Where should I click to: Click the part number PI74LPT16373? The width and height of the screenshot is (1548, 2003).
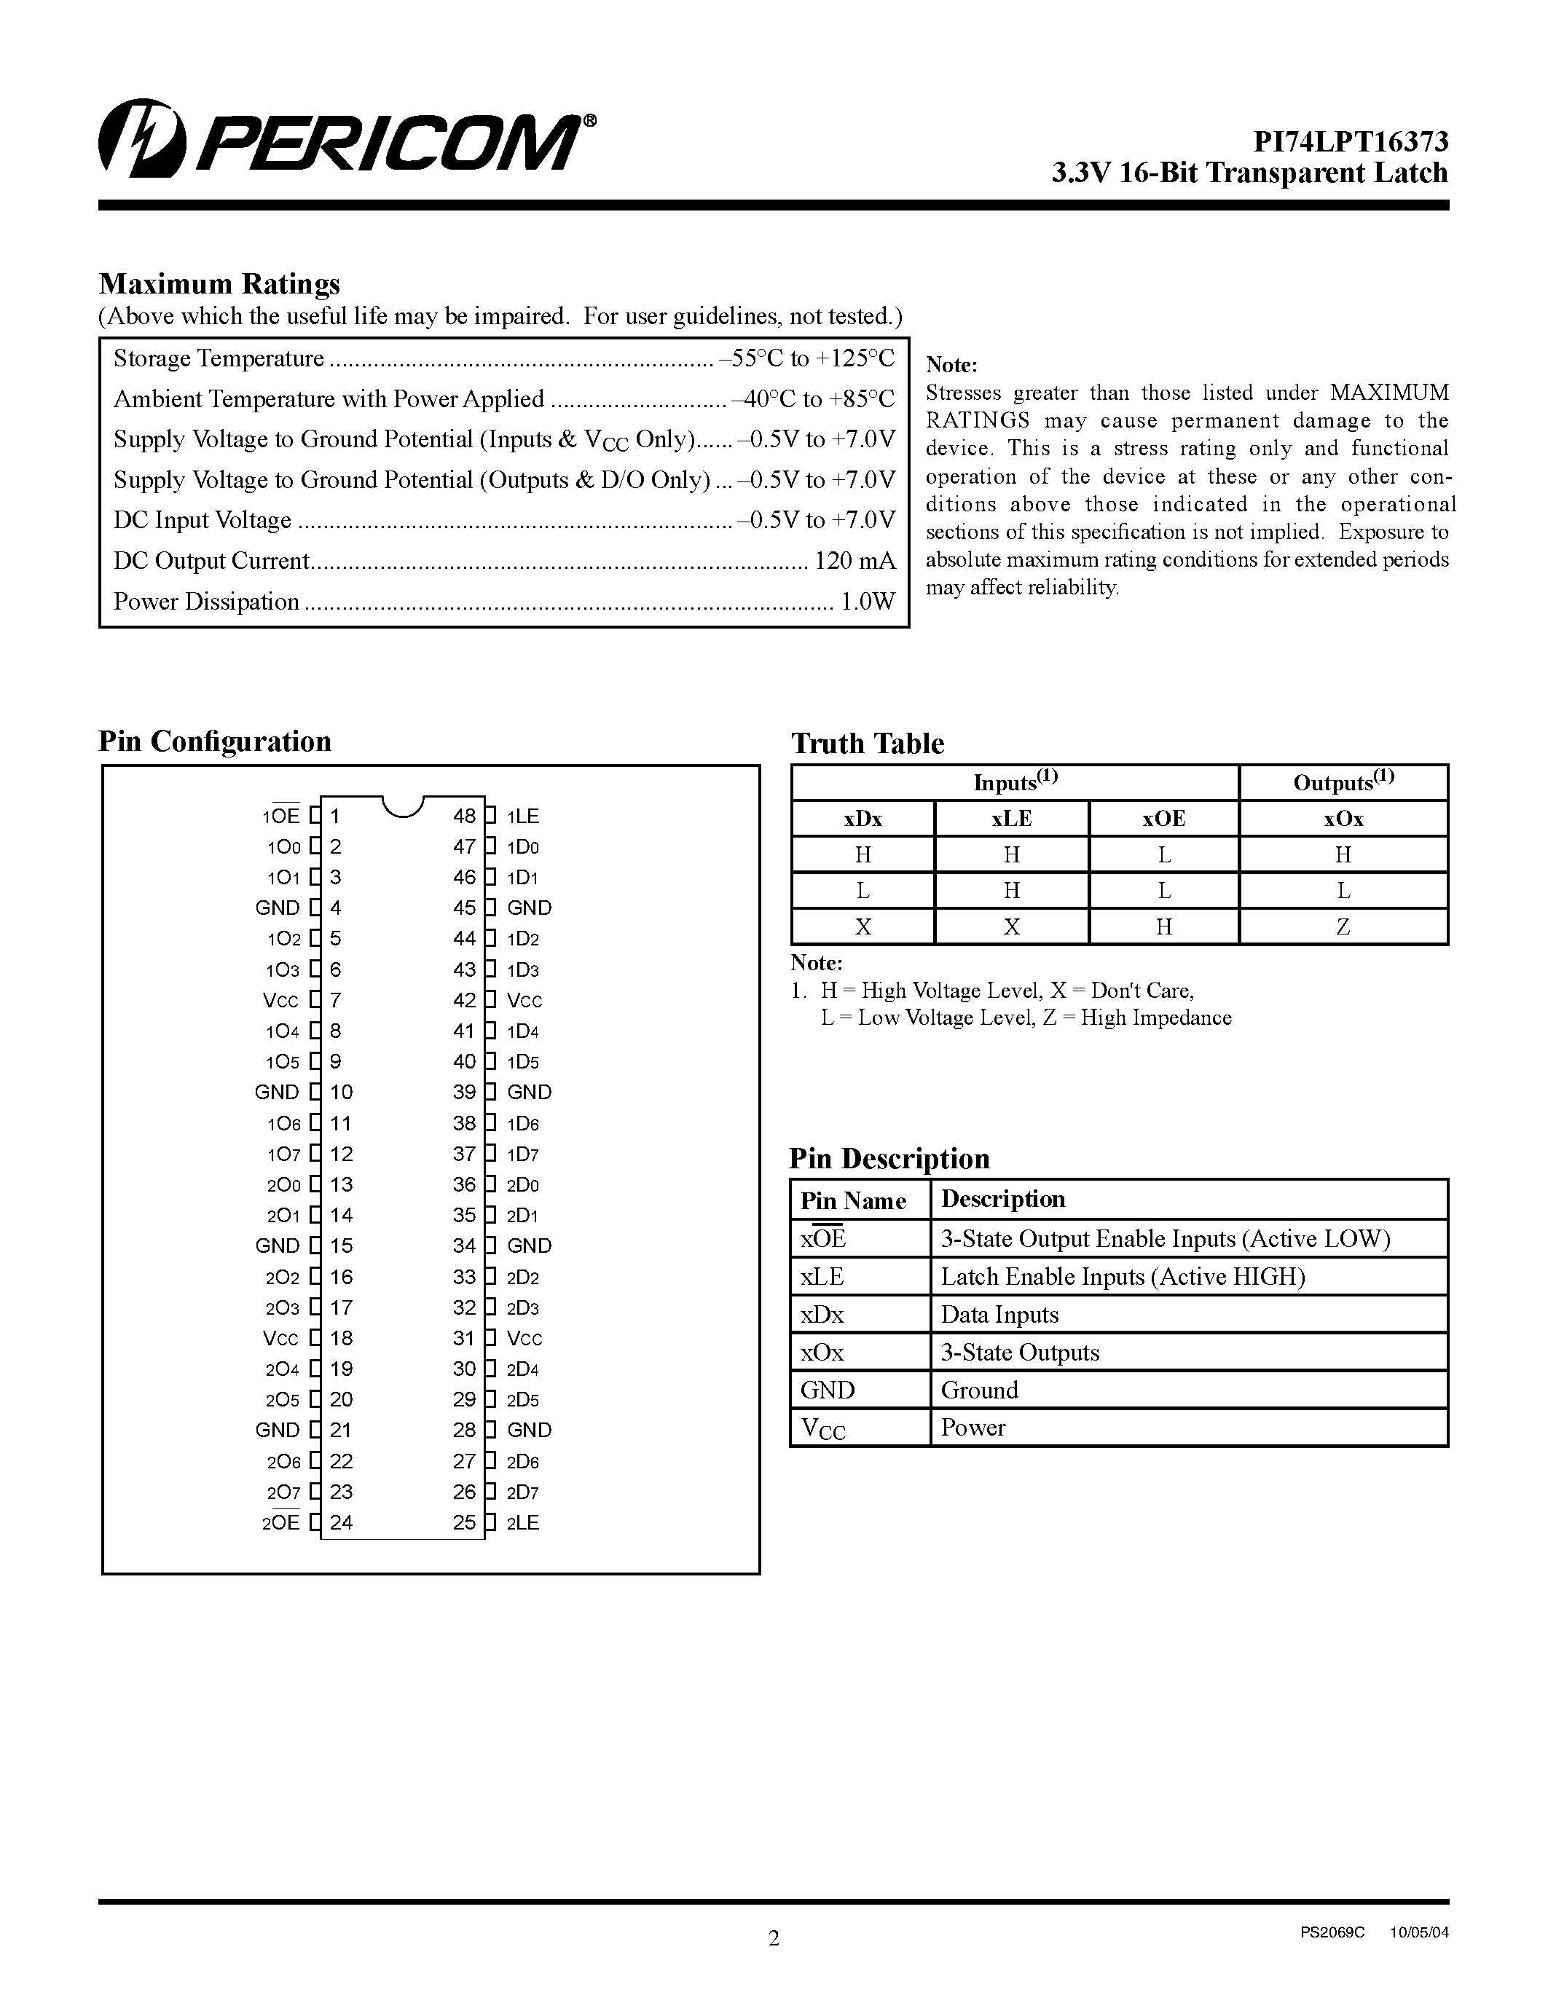(1350, 141)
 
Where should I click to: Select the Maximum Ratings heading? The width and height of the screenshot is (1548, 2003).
(219, 283)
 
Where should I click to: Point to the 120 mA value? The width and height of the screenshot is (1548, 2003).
(854, 560)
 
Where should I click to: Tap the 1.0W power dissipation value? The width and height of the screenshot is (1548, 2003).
(868, 602)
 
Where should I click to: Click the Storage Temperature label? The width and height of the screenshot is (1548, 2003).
(219, 358)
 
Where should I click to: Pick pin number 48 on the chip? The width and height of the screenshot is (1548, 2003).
(464, 815)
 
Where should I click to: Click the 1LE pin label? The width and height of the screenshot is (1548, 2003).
(523, 815)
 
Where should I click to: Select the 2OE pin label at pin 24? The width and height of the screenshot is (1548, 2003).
(281, 1522)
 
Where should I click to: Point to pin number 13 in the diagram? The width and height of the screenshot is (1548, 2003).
(341, 1184)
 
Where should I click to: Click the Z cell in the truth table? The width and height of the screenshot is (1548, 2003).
(1343, 926)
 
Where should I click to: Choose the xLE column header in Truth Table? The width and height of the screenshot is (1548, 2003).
(1012, 818)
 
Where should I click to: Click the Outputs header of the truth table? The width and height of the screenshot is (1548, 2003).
(1343, 782)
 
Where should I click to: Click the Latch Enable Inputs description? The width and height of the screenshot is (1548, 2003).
(1123, 1275)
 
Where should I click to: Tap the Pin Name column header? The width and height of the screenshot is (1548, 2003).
(853, 1200)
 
